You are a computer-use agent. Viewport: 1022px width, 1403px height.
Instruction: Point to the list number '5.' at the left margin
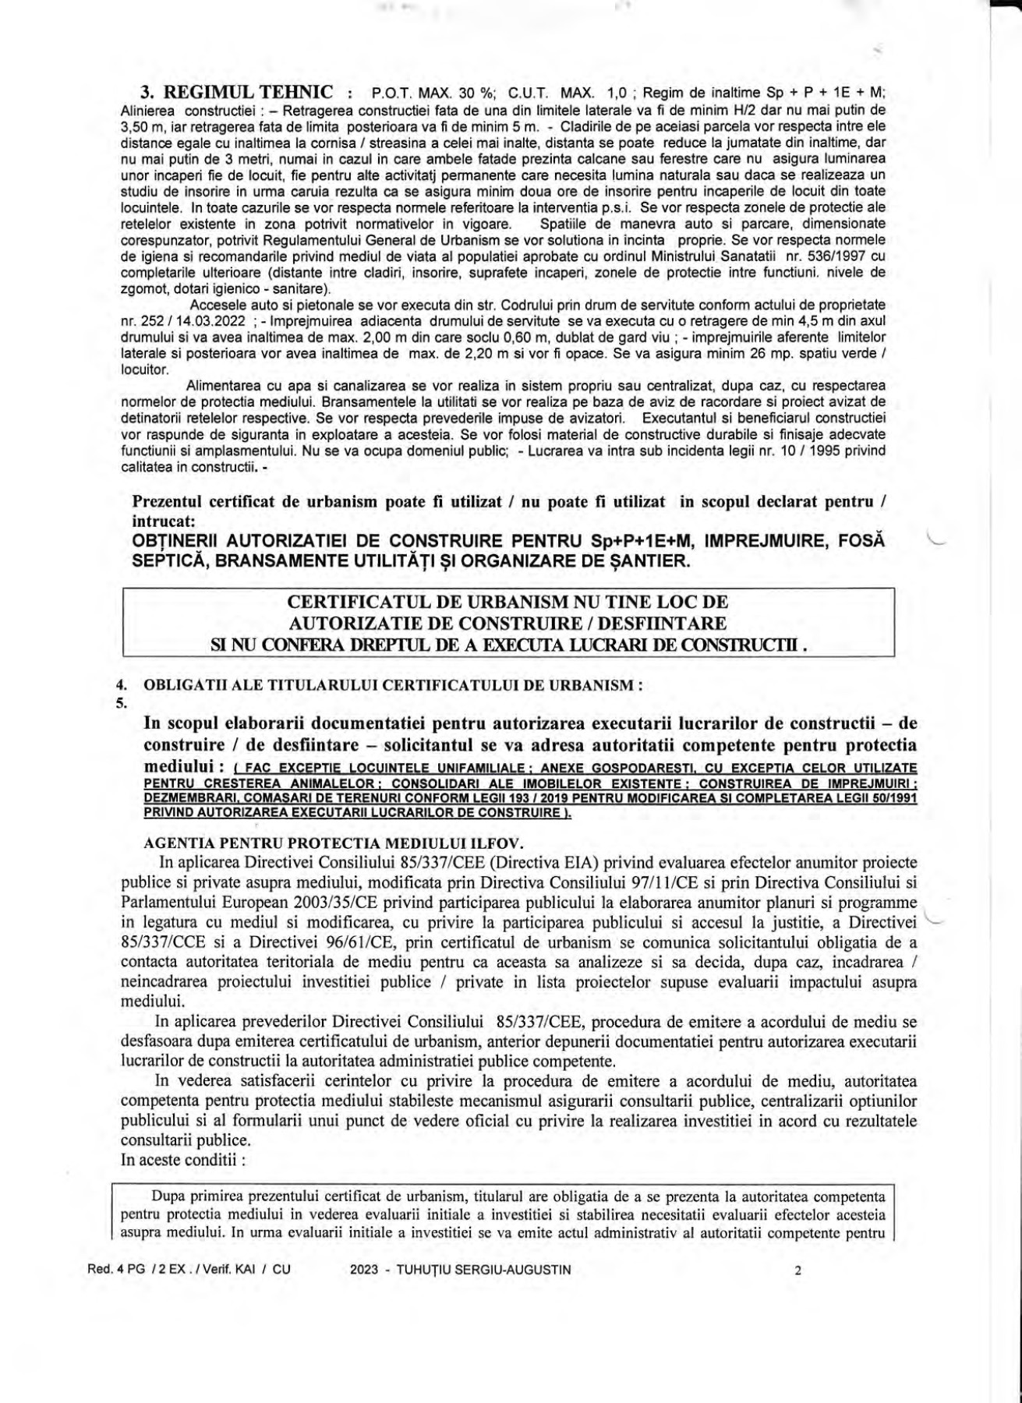coord(121,703)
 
